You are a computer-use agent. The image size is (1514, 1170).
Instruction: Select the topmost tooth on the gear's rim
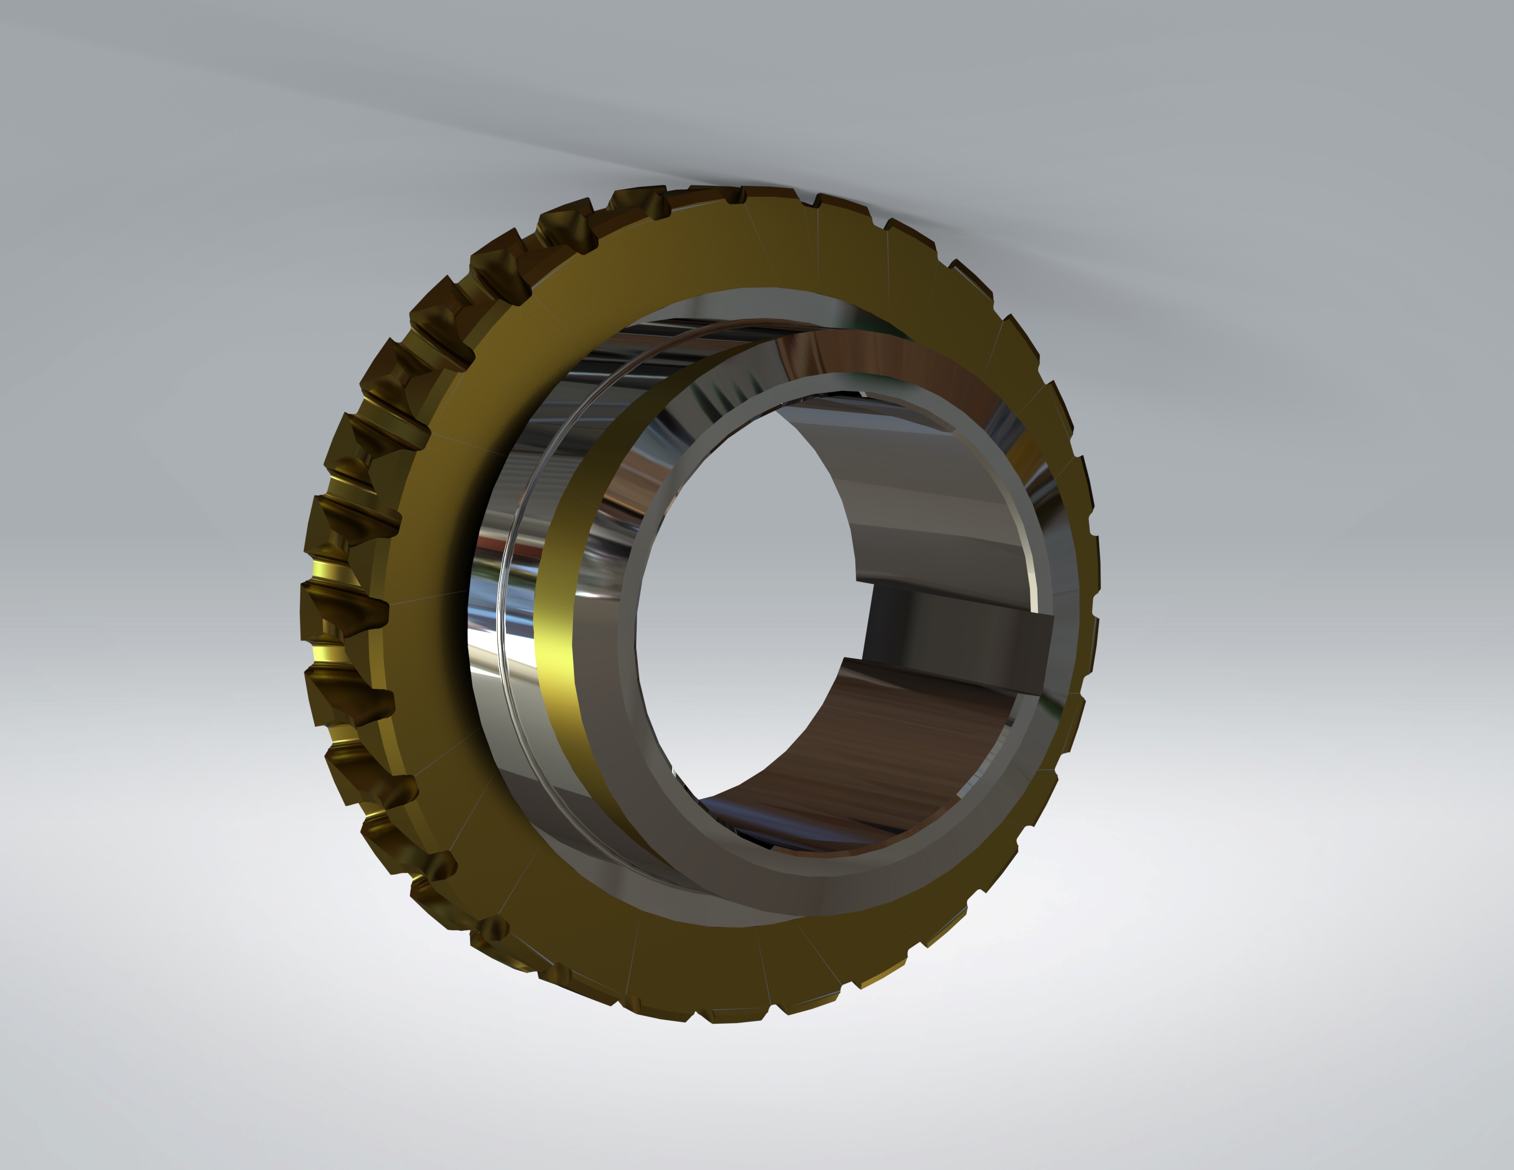[x=762, y=194]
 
